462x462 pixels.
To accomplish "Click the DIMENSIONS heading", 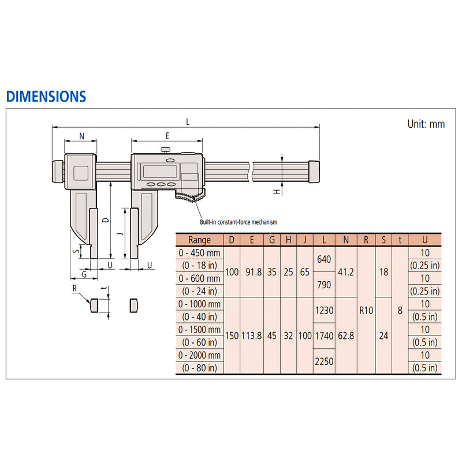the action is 46,96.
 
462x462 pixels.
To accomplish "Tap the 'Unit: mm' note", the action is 426,124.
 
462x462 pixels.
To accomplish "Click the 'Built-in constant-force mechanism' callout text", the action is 239,222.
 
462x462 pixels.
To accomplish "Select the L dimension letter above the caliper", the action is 188,122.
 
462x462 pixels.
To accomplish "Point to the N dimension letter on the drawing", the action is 81,136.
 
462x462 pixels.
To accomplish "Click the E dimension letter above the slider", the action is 167,136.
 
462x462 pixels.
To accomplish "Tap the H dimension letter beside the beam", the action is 277,192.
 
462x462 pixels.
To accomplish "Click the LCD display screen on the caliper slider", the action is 160,172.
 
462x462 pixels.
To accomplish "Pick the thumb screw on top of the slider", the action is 166,150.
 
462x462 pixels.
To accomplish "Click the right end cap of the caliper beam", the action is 314,172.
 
